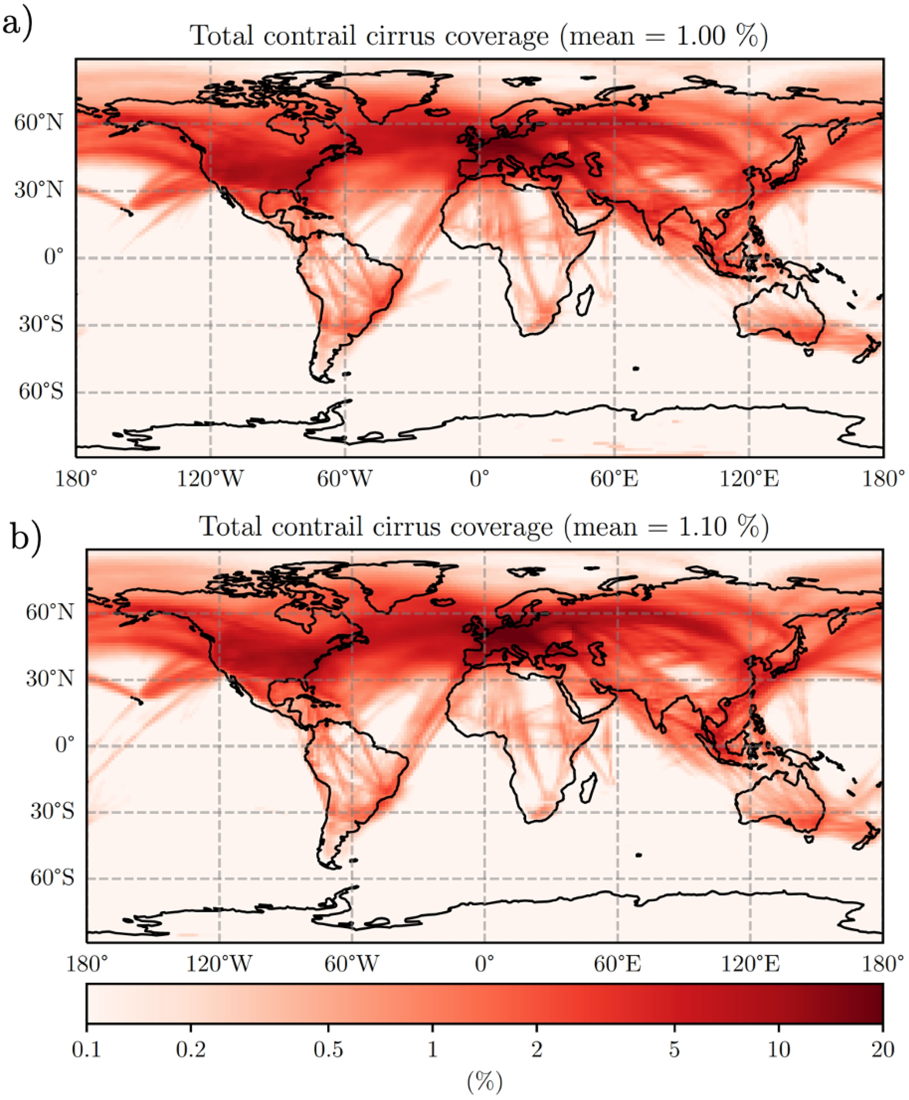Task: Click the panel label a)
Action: pyautogui.click(x=17, y=24)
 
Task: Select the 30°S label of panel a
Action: pyautogui.click(x=41, y=325)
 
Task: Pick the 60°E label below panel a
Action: pyautogui.click(x=614, y=478)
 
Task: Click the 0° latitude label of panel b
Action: pyautogui.click(x=64, y=744)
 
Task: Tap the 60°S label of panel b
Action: pyautogui.click(x=53, y=878)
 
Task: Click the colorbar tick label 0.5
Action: pyautogui.click(x=328, y=1049)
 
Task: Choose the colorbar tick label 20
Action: pyautogui.click(x=883, y=1049)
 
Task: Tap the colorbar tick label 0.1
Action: pyautogui.click(x=86, y=1049)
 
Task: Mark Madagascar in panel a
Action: pyautogui.click(x=584, y=300)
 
